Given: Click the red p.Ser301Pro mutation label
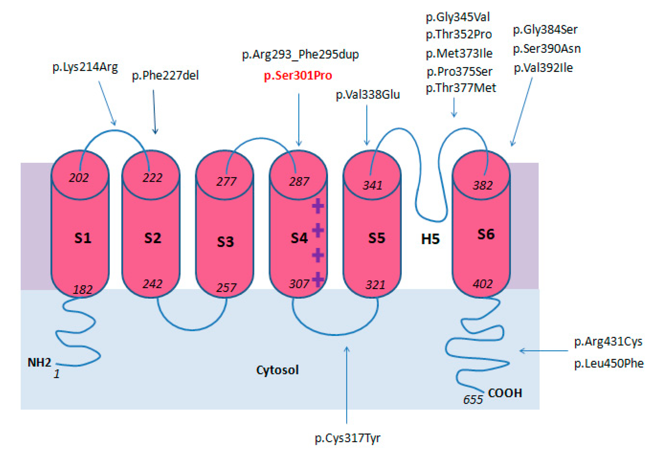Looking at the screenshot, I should (298, 76).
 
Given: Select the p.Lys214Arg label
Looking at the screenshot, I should (85, 67).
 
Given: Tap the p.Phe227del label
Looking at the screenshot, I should (165, 76).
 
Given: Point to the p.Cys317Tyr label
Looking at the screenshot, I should (347, 438).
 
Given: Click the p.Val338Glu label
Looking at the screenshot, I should (368, 95).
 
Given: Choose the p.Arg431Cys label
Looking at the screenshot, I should (608, 341).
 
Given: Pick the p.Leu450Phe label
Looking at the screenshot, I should (609, 363).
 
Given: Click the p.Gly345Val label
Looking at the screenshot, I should (458, 17).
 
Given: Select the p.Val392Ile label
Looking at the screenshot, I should (543, 68).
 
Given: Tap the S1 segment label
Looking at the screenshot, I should (83, 238).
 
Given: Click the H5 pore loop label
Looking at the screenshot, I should (430, 239).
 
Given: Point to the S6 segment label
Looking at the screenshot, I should (486, 234).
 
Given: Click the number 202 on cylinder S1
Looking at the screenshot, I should (79, 178).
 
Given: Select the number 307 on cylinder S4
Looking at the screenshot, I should (299, 284).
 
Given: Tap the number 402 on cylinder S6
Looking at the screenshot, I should (482, 284).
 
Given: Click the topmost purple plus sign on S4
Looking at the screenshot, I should (318, 206).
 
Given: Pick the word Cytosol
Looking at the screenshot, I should (277, 370).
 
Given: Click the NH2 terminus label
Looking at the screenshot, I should (39, 363).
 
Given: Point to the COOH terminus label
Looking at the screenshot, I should (505, 393).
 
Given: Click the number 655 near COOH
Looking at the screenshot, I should (473, 400).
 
